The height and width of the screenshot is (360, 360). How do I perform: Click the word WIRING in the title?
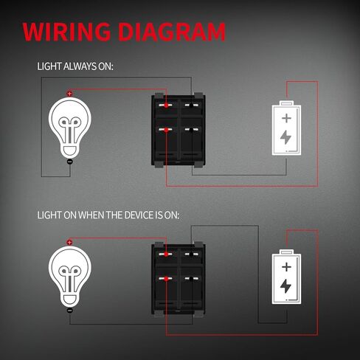[x=66, y=32]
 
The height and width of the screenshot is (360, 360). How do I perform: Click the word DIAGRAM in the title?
[x=172, y=32]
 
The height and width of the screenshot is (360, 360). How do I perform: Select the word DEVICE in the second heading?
[x=139, y=215]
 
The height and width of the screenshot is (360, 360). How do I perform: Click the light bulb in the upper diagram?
[x=70, y=128]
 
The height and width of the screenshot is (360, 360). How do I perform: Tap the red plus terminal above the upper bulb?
[x=69, y=94]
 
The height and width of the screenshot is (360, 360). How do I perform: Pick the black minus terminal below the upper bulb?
[x=70, y=162]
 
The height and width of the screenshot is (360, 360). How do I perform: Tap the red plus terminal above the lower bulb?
[x=69, y=243]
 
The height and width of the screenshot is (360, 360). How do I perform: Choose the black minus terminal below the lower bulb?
[x=70, y=311]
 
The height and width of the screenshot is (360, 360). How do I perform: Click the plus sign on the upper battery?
[x=286, y=118]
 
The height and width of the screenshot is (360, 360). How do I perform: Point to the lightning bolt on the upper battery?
[x=285, y=137]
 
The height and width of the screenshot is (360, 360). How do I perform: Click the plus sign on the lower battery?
[x=286, y=267]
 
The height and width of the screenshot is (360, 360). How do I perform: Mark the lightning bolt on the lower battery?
[x=285, y=286]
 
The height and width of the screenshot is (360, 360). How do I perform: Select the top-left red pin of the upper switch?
[x=166, y=105]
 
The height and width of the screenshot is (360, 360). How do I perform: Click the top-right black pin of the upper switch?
[x=191, y=105]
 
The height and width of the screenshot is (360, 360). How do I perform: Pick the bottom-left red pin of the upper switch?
[x=166, y=130]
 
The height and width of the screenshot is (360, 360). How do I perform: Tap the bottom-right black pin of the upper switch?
[x=191, y=130]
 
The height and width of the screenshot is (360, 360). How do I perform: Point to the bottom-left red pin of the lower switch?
[x=166, y=279]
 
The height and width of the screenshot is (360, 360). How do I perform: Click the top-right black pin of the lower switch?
[x=191, y=255]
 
